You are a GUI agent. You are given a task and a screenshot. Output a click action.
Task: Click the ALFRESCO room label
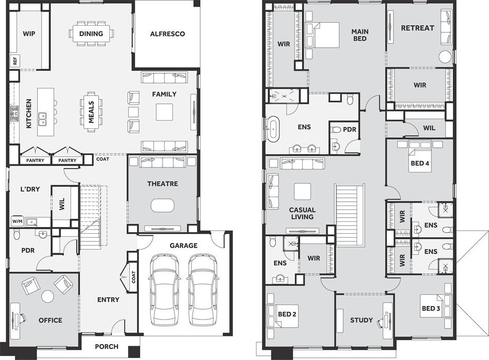[x=167, y=34]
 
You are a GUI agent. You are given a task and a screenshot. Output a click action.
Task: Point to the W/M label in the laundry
[x=17, y=222]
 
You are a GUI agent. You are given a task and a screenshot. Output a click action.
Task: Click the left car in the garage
[x=164, y=291]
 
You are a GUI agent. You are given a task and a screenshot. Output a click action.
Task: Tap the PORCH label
[x=107, y=347]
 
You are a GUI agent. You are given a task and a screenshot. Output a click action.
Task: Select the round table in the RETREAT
[x=446, y=56]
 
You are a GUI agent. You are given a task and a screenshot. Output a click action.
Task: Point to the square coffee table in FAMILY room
[x=165, y=111]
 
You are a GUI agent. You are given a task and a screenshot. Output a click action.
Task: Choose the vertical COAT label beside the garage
[x=134, y=277]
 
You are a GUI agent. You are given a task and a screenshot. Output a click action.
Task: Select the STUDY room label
[x=361, y=320]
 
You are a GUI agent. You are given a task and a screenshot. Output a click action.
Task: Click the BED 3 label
[x=431, y=309]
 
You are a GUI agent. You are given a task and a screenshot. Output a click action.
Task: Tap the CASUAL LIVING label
[x=302, y=213]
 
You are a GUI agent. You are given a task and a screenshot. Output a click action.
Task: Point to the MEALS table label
[x=91, y=111]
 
